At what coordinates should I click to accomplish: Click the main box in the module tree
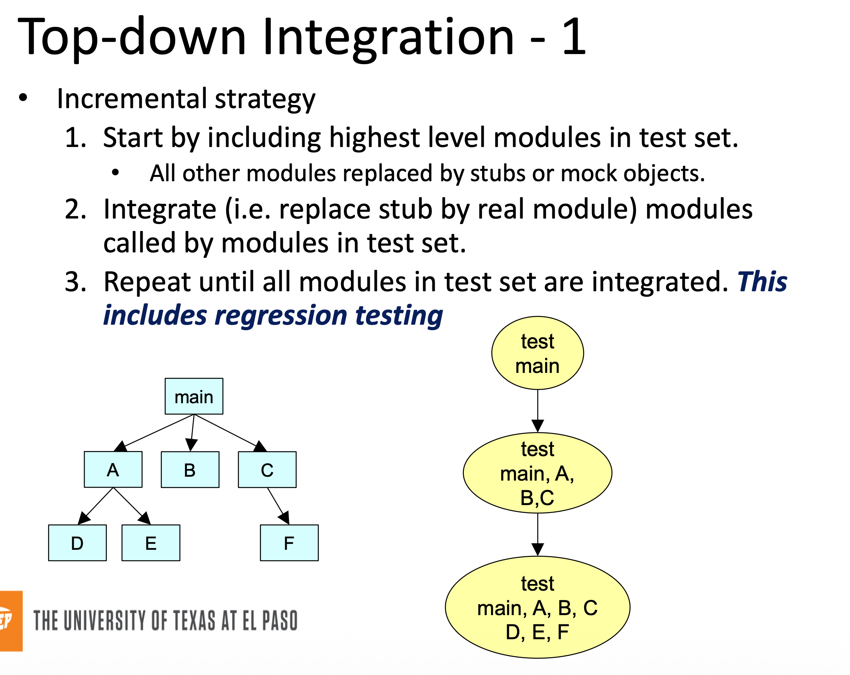tap(193, 396)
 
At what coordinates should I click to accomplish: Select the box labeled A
tap(113, 469)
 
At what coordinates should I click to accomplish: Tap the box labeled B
tap(190, 469)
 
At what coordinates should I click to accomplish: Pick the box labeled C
tap(267, 469)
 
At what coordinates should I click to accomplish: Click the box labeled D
tap(77, 542)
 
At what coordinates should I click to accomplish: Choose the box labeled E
tap(151, 542)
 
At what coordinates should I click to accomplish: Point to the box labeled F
tap(289, 542)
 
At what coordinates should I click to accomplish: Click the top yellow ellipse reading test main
tap(537, 353)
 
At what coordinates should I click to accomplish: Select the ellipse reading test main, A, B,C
tap(537, 473)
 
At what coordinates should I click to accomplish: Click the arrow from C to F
tap(278, 506)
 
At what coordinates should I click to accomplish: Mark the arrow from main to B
tap(192, 432)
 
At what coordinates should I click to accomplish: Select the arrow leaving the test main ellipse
tap(537, 410)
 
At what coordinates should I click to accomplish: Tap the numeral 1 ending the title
tap(574, 37)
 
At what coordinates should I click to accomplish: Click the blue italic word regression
tap(281, 316)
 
